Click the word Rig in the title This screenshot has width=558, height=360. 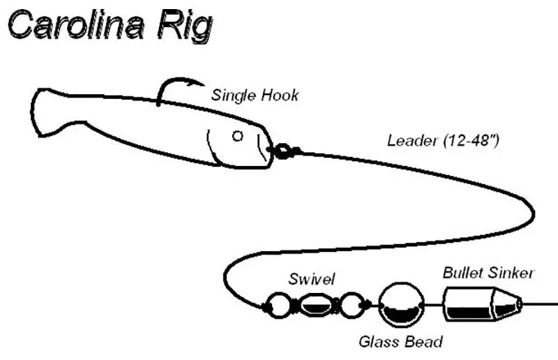pos(185,27)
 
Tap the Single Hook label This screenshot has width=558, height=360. pos(255,95)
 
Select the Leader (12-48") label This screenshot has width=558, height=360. pos(443,140)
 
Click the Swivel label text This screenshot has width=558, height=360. pos(311,279)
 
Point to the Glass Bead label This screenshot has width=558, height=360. pos(400,341)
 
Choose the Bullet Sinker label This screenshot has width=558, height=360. pos(488,273)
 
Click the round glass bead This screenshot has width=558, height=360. pos(402,305)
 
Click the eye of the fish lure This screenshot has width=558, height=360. pos(238,135)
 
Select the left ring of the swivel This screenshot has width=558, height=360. pos(278,305)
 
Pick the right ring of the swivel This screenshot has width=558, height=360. pos(352,305)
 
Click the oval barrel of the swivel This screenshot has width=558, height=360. pos(316,305)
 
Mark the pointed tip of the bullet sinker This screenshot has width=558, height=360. pos(521,303)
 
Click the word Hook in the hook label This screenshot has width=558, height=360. pos(280,95)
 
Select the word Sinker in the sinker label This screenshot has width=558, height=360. pos(511,273)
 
